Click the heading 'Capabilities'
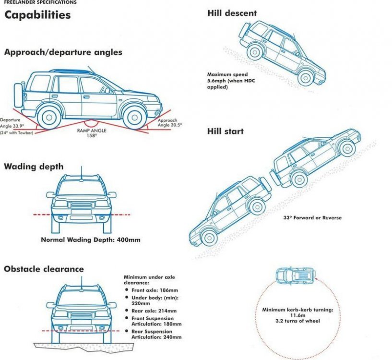(x=37, y=15)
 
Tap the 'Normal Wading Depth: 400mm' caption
(x=91, y=240)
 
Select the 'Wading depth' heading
(x=34, y=167)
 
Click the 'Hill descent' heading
(x=232, y=13)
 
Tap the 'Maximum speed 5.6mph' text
(x=227, y=75)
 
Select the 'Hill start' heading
(x=225, y=131)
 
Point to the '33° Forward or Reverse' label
(x=312, y=217)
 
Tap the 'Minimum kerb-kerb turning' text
(x=297, y=310)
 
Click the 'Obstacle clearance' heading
(x=44, y=269)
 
